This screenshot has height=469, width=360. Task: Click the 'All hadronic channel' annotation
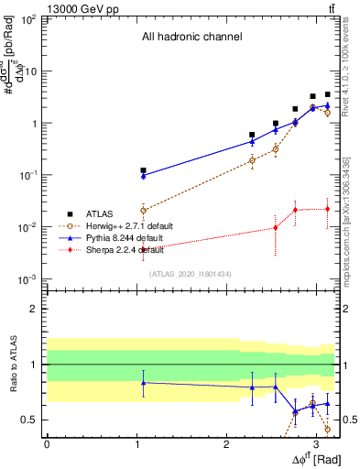tap(191, 38)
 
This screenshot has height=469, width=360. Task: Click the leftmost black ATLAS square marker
tap(143, 170)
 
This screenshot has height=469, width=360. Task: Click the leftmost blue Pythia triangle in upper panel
tap(143, 175)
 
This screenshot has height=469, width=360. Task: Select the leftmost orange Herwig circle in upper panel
tap(143, 210)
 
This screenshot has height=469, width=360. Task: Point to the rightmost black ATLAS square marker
tap(327, 94)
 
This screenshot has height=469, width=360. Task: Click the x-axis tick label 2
tap(226, 442)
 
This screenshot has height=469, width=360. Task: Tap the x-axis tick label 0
tap(47, 442)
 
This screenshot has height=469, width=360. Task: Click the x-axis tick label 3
tap(316, 442)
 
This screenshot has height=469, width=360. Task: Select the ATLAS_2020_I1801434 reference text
tap(191, 273)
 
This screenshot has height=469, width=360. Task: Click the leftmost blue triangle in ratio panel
tap(143, 382)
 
